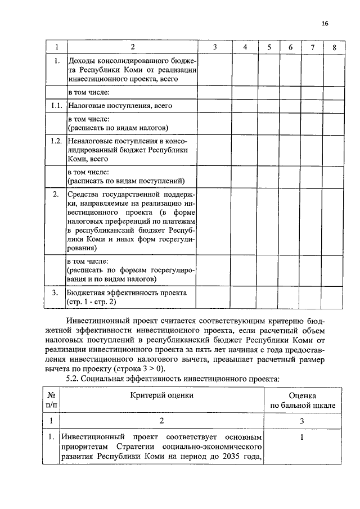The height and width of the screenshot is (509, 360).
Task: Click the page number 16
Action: pos(325,23)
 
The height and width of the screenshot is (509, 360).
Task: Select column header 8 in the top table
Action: pos(334,47)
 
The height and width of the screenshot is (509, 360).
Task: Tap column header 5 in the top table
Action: pos(269,47)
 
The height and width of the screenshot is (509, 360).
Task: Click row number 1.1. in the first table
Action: pos(56,105)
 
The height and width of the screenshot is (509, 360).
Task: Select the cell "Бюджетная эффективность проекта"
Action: pos(127,293)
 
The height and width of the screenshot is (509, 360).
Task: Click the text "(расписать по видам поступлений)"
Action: pos(127,181)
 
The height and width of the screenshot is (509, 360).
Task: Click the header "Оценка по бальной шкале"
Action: pos(303,400)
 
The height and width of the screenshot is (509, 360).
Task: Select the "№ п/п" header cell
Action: pos(51,400)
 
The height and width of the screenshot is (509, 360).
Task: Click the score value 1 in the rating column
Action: pos(302,437)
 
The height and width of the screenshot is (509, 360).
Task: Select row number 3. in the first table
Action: pos(56,293)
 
